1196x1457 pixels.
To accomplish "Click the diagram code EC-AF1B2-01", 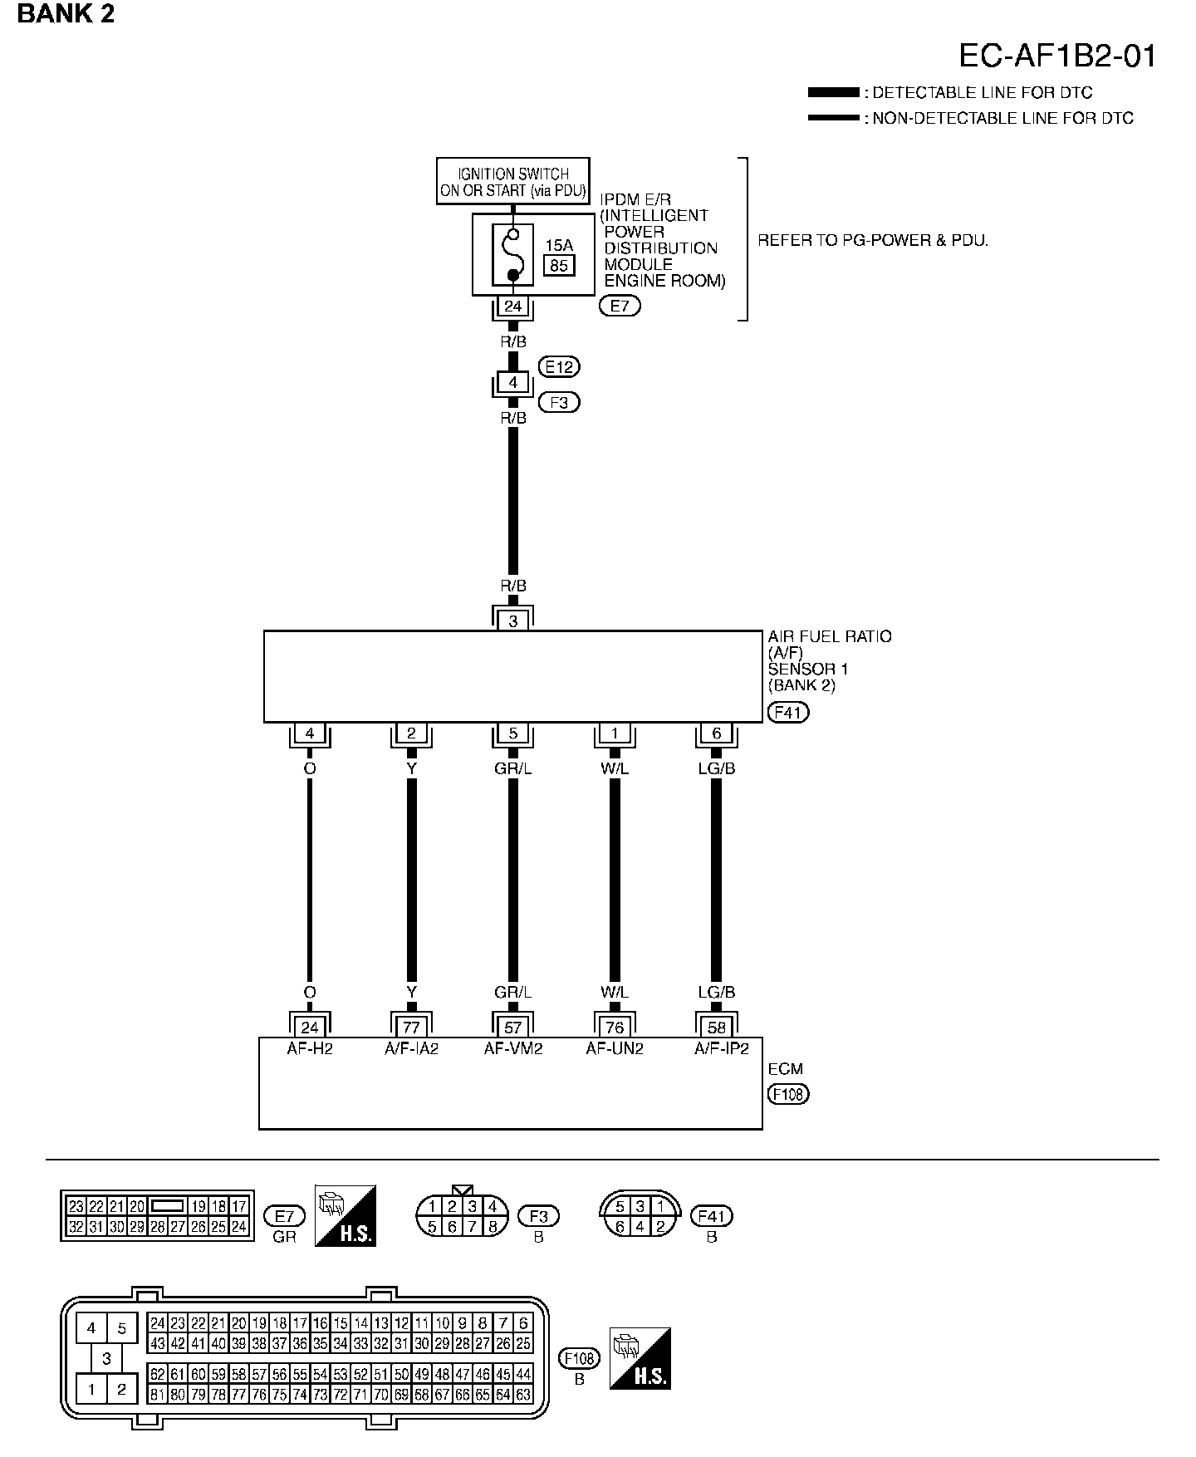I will click(x=1056, y=56).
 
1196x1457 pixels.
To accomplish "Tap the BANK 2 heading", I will click(x=66, y=14).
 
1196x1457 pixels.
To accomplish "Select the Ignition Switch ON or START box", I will click(x=513, y=182).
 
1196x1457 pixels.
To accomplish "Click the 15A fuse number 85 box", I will click(x=559, y=265).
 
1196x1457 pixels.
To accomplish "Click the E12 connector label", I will click(x=559, y=366).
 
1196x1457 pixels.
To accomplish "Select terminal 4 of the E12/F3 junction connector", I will click(x=513, y=383).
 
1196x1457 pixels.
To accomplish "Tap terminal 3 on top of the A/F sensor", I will click(x=513, y=621).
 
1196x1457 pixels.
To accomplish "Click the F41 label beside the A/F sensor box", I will click(x=788, y=712).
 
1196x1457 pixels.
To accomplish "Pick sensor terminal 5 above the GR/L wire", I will click(x=513, y=733).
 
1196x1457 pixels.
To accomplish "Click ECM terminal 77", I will click(x=411, y=1028).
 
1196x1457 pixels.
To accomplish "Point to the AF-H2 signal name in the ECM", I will click(x=310, y=1048).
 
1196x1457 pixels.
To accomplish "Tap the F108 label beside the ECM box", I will click(x=788, y=1094).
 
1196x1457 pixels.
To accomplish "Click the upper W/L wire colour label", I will click(x=615, y=768).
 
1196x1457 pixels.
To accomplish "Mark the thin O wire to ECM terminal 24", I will click(x=310, y=881).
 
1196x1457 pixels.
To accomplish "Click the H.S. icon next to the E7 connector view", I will click(x=346, y=1215).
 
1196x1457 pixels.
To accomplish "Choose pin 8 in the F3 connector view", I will click(x=492, y=1226).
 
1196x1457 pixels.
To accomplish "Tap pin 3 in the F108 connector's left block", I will click(x=106, y=1359).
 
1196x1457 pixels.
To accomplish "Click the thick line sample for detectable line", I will click(x=833, y=92).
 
